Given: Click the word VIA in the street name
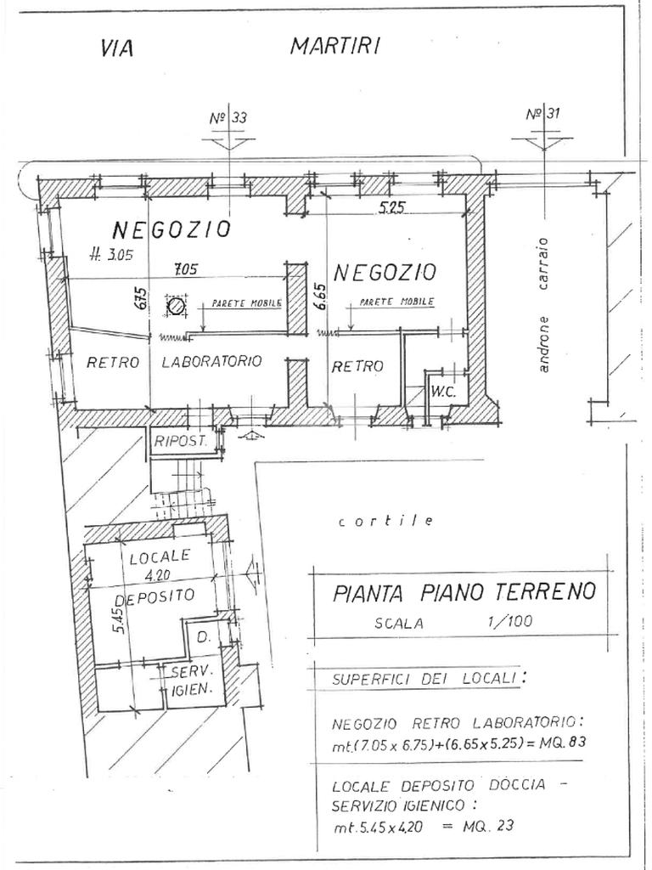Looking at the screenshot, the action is pos(117,48).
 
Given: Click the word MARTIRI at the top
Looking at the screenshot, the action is pos(334,47).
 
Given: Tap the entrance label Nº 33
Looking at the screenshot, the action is pos(228,117).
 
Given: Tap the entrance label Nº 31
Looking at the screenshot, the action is pos(542,115).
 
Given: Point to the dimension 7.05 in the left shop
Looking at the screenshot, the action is pos(187,271).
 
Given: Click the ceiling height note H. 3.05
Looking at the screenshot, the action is pos(111,256).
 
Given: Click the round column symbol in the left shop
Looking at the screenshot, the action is pos(177,307).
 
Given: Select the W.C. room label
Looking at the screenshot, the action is pos(443,392).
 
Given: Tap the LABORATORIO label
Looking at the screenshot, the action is pos(211,362).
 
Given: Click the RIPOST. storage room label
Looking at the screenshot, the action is pos(181,442).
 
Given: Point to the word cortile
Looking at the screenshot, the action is pos(386,521).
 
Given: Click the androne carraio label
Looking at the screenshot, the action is pos(544,305).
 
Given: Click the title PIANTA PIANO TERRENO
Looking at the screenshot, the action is pos(464,592).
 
